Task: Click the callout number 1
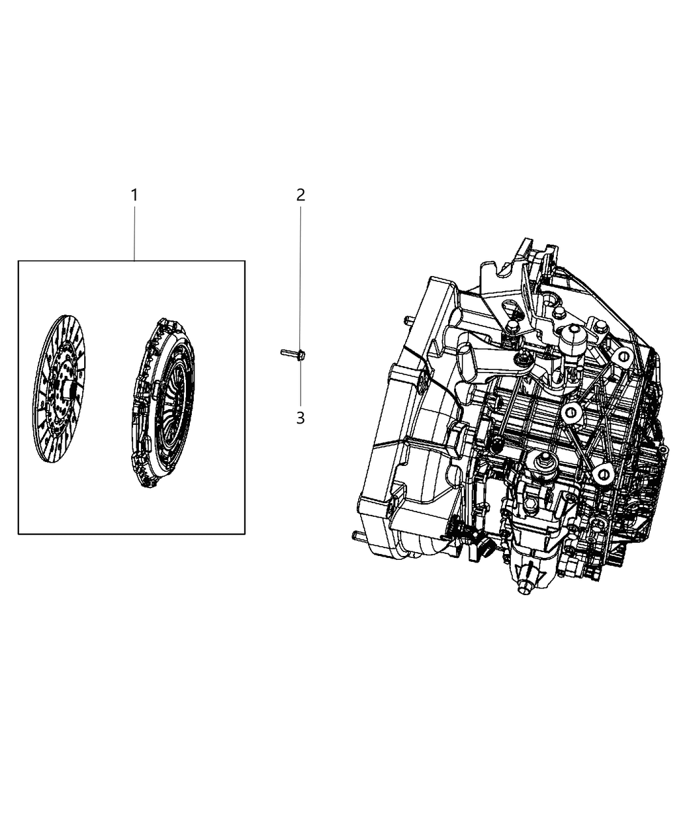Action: tap(134, 194)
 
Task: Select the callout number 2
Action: tap(301, 194)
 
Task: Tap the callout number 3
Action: tap(301, 418)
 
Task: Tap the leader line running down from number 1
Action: tap(134, 232)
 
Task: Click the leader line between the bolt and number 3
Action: tap(301, 385)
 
